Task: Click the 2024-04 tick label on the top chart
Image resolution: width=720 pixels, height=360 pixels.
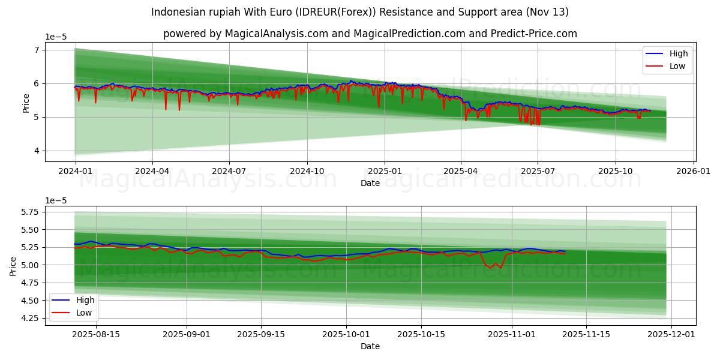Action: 152,171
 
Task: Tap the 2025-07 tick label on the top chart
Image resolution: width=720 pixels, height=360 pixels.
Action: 538,171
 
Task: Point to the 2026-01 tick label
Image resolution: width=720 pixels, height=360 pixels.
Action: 694,171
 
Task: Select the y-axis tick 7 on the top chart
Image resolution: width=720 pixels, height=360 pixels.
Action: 37,50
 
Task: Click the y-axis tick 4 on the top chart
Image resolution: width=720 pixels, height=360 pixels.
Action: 37,151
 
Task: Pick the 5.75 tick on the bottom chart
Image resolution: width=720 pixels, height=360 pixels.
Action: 28,212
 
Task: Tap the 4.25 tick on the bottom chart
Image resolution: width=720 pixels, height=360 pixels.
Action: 28,318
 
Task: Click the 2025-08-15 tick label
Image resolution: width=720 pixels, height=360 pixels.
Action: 95,334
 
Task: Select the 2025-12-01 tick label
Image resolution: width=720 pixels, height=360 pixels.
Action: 670,334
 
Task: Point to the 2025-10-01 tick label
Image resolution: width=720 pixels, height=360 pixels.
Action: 346,334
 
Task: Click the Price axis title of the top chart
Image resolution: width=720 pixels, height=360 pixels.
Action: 26,103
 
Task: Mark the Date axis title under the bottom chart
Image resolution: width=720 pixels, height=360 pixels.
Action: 370,346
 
